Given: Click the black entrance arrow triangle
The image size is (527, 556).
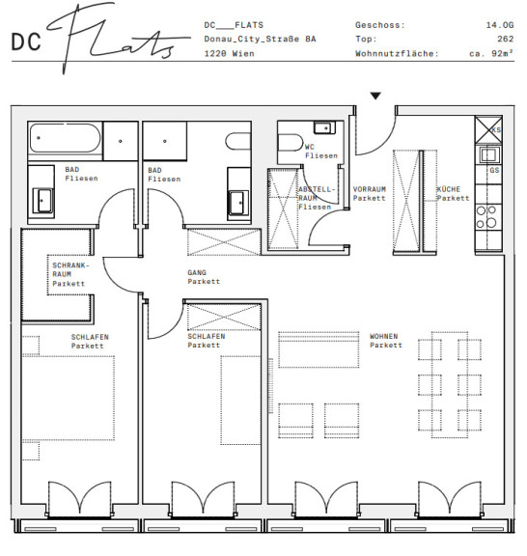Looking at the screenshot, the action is pos(375,96).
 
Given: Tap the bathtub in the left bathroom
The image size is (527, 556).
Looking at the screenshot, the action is pos(65,138).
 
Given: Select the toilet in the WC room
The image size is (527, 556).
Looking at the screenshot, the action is pos(291,143).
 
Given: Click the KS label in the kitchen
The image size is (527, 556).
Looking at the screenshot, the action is pos(496,129).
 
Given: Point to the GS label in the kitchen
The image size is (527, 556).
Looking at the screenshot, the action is pos(494,170).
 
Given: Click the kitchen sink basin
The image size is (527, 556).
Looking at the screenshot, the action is pos(489,155).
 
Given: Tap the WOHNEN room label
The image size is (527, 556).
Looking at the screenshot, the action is pos(384,336).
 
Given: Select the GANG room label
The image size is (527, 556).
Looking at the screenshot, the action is pos(197,272).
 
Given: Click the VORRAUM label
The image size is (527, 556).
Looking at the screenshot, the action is pos(369,189).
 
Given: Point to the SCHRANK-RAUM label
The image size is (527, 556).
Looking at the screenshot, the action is pos(70,269).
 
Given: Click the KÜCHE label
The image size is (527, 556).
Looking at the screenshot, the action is pos(448,189).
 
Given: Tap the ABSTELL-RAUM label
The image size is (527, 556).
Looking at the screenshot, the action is pos(317,194).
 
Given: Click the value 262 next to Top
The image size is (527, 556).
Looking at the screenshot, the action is pos(505,39).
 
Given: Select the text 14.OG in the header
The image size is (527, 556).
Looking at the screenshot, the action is pos(500,25).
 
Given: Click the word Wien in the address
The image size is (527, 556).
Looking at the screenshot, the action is pos(243,53).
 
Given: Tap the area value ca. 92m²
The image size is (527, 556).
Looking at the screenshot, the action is pos(491,53).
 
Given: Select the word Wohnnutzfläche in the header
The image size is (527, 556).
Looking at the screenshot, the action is pos(397,53).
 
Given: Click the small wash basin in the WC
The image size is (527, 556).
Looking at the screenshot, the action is pos(324,127).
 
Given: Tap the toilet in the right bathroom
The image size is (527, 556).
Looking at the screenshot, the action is pos(238,142).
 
